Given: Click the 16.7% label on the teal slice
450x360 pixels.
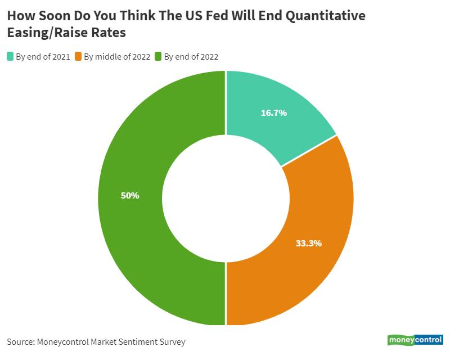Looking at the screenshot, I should tap(274, 112).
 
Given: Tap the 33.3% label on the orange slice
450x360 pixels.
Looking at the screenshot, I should tap(308, 244).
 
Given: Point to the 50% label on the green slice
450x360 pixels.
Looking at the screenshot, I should tap(130, 196).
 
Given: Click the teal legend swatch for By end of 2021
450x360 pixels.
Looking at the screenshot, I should tap(10, 56).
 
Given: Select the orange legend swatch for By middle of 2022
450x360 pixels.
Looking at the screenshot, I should tap(78, 56).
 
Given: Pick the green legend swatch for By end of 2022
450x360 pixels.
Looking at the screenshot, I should tap(158, 56).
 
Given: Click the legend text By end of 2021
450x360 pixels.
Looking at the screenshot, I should tap(43, 57).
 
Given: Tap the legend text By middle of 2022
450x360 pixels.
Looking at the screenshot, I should tap(117, 57).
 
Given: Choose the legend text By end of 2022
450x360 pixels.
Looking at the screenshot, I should tap(191, 57).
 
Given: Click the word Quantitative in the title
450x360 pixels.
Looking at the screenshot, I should tap(326, 16).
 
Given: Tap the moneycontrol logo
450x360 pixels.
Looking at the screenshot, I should tap(415, 340).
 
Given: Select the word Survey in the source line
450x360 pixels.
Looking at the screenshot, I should tap(172, 341).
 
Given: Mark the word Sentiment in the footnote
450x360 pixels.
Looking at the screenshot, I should tap(136, 341).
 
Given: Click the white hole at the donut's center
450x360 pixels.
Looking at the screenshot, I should tap(226, 198).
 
